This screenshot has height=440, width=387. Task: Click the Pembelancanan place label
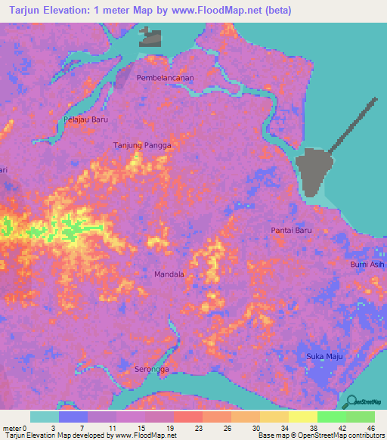click(x=166, y=78)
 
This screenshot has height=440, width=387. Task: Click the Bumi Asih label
click(x=367, y=265)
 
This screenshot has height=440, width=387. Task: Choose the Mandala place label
click(x=169, y=274)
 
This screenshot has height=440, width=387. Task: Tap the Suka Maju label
click(x=323, y=355)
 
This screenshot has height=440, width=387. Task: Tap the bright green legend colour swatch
click(x=332, y=417)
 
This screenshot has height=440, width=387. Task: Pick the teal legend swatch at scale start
click(x=45, y=417)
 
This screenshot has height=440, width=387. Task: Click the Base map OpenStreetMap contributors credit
click(x=320, y=435)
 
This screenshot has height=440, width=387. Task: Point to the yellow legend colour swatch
click(x=274, y=417)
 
